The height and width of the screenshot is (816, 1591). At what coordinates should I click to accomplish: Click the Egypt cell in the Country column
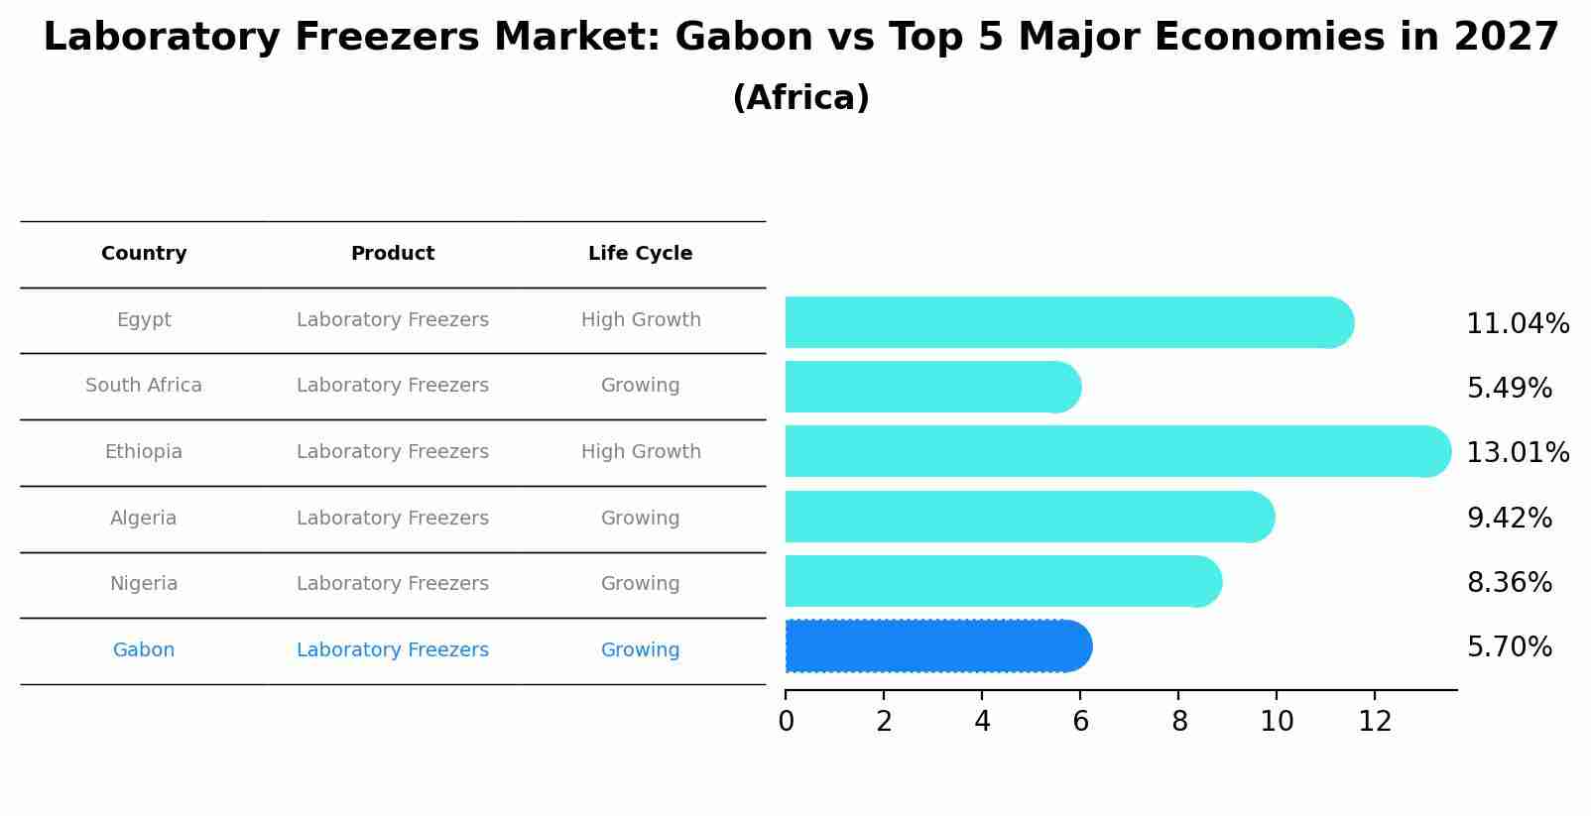pyautogui.click(x=144, y=320)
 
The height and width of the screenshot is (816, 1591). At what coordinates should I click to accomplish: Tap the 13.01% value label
pyautogui.click(x=1517, y=453)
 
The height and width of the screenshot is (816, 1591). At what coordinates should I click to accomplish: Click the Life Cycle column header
pyautogui.click(x=640, y=254)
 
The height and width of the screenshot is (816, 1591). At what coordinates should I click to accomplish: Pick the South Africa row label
pyautogui.click(x=144, y=386)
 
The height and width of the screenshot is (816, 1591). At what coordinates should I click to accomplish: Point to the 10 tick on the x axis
pyautogui.click(x=1277, y=722)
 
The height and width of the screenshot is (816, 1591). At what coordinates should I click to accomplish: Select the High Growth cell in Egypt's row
pyautogui.click(x=641, y=320)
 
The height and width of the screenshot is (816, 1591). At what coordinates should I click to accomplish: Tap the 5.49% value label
pyautogui.click(x=1509, y=389)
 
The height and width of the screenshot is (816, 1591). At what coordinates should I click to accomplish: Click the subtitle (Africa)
pyautogui.click(x=800, y=98)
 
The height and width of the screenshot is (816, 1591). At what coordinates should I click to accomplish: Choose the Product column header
pyautogui.click(x=393, y=254)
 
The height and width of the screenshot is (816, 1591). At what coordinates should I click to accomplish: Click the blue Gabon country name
pyautogui.click(x=144, y=650)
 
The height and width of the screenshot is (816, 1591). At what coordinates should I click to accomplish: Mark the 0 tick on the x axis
pyautogui.click(x=786, y=722)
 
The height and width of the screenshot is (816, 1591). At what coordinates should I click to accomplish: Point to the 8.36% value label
pyautogui.click(x=1509, y=583)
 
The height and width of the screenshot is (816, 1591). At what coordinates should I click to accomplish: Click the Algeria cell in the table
pyautogui.click(x=144, y=519)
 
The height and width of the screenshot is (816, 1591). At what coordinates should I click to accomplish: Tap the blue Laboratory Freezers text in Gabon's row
pyautogui.click(x=393, y=650)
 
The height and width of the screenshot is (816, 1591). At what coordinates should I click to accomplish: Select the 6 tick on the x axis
pyautogui.click(x=1080, y=722)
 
